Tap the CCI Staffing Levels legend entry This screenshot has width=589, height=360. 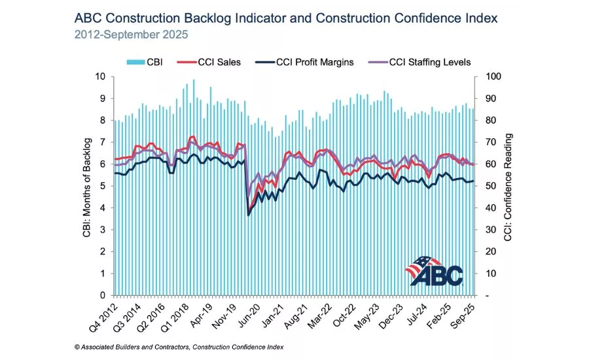pos(419,62)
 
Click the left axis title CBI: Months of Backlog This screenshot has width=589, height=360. pos(87,185)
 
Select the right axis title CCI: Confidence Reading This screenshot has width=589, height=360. pos(508,186)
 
